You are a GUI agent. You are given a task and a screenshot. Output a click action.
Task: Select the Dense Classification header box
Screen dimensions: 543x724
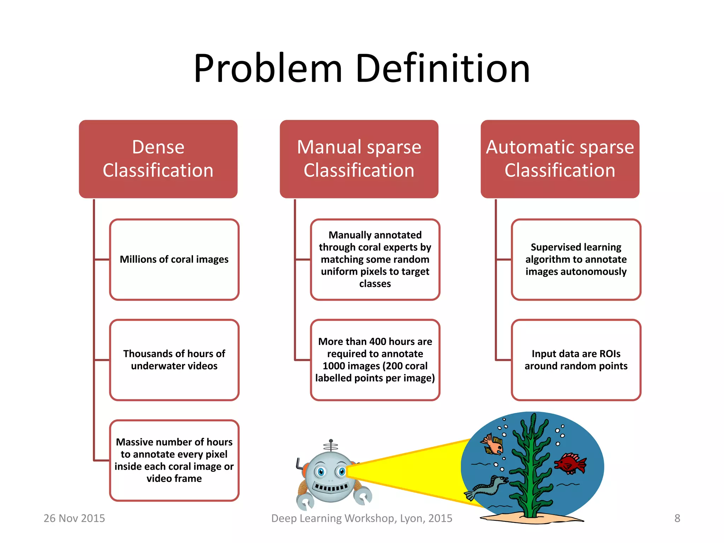pos(158,159)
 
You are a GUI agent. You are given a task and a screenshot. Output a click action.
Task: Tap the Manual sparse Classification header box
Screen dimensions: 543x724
pos(359,159)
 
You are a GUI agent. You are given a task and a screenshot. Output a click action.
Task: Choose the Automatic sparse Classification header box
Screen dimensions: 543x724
pos(560,159)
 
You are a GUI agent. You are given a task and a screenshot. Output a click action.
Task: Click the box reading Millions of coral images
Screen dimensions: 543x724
pos(174,259)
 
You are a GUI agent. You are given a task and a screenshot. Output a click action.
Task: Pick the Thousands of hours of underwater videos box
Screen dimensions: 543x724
pos(174,360)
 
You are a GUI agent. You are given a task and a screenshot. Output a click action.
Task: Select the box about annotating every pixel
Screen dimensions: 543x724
pos(174,460)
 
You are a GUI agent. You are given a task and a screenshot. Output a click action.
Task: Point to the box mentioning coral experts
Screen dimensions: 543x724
pos(375,259)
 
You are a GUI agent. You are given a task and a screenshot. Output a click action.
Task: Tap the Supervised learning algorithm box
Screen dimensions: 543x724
pos(576,259)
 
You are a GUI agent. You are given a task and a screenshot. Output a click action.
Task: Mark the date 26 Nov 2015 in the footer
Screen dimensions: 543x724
pos(74,518)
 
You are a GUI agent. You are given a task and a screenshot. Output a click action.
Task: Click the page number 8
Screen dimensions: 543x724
pos(677,518)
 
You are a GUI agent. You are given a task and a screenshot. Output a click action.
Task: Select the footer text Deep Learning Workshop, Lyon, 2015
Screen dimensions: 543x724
pos(362,518)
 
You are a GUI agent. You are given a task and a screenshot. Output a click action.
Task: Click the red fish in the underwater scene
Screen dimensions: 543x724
pos(570,463)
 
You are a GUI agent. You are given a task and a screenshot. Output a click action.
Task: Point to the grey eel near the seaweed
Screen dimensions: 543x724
pos(488,487)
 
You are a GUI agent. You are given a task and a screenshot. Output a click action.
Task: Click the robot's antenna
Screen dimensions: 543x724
pos(331,445)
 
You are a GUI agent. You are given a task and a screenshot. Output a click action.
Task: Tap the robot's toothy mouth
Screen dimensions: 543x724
pos(331,488)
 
